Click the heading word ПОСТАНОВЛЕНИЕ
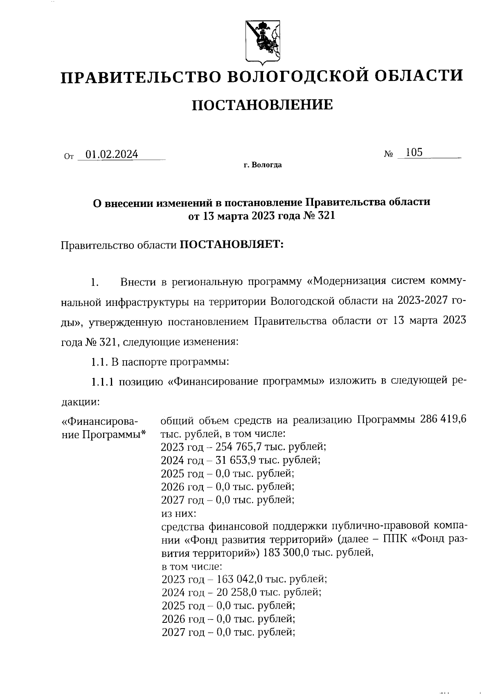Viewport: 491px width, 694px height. pos(262,105)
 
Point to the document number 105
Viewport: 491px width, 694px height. pos(414,153)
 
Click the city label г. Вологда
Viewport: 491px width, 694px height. pos(262,165)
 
